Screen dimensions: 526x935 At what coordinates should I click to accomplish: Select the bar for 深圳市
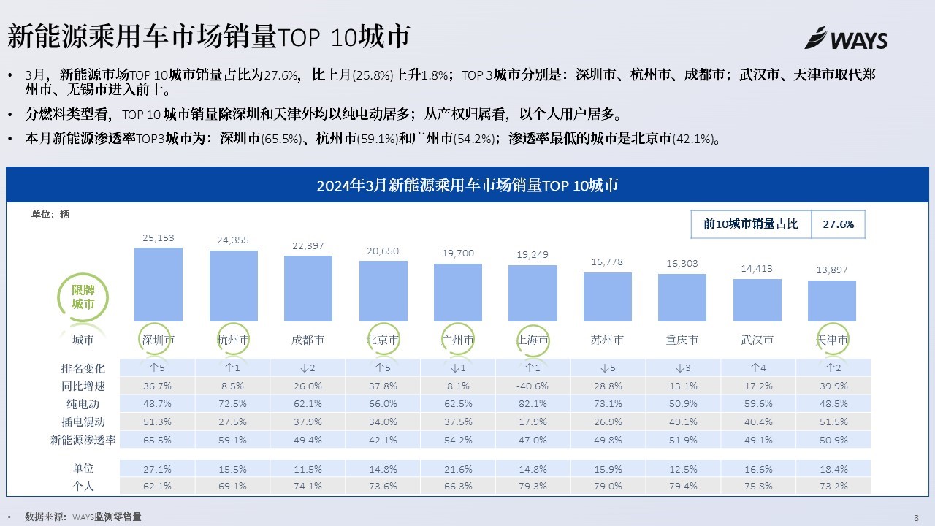pos(158,284)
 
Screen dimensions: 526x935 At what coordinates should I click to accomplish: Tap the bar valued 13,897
pos(831,301)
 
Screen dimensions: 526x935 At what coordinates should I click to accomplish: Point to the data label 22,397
pos(308,246)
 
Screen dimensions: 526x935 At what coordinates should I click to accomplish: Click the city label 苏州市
pos(607,340)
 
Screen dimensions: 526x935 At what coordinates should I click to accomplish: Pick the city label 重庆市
pos(682,340)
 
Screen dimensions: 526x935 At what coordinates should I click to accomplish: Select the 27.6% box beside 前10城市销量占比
pos(838,224)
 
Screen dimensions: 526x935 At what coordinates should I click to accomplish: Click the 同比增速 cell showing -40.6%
pos(532,386)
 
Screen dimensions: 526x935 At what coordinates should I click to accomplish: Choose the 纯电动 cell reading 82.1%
pos(532,404)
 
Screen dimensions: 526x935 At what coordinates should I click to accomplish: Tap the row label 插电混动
pos(83,422)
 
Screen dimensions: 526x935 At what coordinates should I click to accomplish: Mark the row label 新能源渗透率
pos(83,441)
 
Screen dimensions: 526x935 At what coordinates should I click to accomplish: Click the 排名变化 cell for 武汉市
pos(757,367)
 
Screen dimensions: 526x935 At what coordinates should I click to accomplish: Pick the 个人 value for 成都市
pos(308,487)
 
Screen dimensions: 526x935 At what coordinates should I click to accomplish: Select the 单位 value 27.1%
pos(158,469)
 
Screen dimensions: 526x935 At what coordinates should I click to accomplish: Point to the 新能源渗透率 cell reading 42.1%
pos(382,441)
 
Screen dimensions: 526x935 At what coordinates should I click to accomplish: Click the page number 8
pos(916,517)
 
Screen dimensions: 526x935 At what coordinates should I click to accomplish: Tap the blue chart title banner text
pos(467,186)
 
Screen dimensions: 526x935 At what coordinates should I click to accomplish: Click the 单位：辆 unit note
pos(50,215)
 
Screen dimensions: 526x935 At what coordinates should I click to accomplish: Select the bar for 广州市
pos(457,292)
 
